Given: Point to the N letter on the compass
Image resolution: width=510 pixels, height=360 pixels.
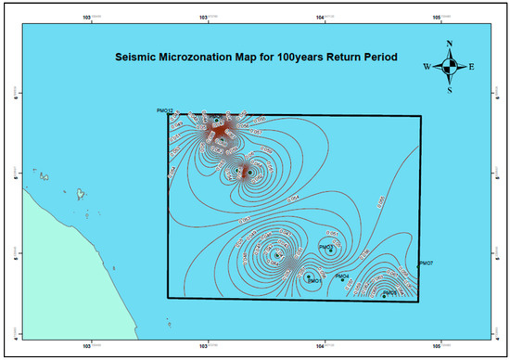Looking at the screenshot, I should coord(449,43).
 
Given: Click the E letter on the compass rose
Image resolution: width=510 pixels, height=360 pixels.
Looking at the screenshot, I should coord(471,66).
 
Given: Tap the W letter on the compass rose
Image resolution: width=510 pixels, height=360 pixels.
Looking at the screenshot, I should coord(427,66).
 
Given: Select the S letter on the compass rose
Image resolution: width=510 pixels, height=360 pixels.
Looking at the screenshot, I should coord(449,90).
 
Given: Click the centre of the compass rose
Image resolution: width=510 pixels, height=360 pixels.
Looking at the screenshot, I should coord(449,66).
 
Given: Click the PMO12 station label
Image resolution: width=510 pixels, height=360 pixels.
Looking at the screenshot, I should coord(166,110).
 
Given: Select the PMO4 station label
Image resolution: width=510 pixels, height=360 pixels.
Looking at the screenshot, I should coord(341,276).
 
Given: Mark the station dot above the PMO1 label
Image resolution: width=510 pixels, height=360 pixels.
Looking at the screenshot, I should coord(309,275).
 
